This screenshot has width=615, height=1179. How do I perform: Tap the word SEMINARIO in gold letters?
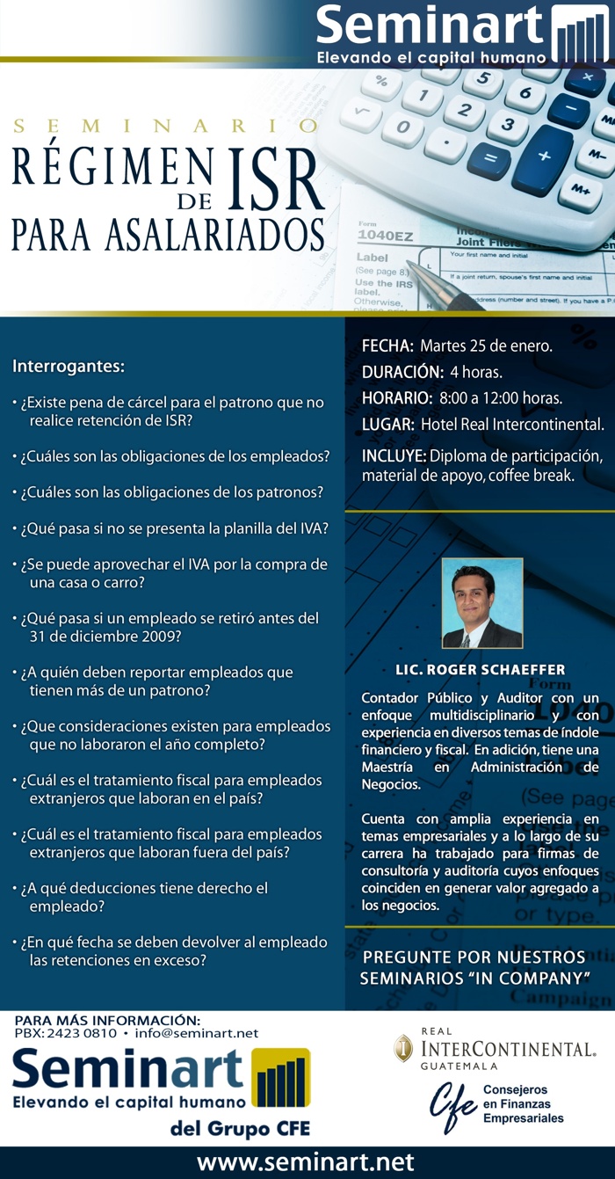click(166, 126)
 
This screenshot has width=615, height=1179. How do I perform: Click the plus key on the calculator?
click(543, 156)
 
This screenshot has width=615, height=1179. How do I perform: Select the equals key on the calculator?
click(488, 162)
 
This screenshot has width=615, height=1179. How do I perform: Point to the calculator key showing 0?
click(402, 131)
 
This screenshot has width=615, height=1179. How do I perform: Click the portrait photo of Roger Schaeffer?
click(481, 603)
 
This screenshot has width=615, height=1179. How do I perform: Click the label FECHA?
click(387, 346)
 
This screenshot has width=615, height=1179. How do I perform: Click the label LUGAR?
click(388, 425)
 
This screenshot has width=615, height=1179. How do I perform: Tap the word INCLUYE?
click(394, 456)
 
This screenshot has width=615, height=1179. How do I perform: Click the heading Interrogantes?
click(69, 365)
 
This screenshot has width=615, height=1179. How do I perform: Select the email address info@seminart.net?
click(197, 1033)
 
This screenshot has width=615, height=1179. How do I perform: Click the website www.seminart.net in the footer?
click(305, 1162)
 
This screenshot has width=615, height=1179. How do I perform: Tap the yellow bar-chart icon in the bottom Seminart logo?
click(280, 1077)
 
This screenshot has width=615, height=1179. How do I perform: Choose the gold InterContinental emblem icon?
click(403, 1048)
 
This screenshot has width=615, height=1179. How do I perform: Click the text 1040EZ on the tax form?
click(387, 235)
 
